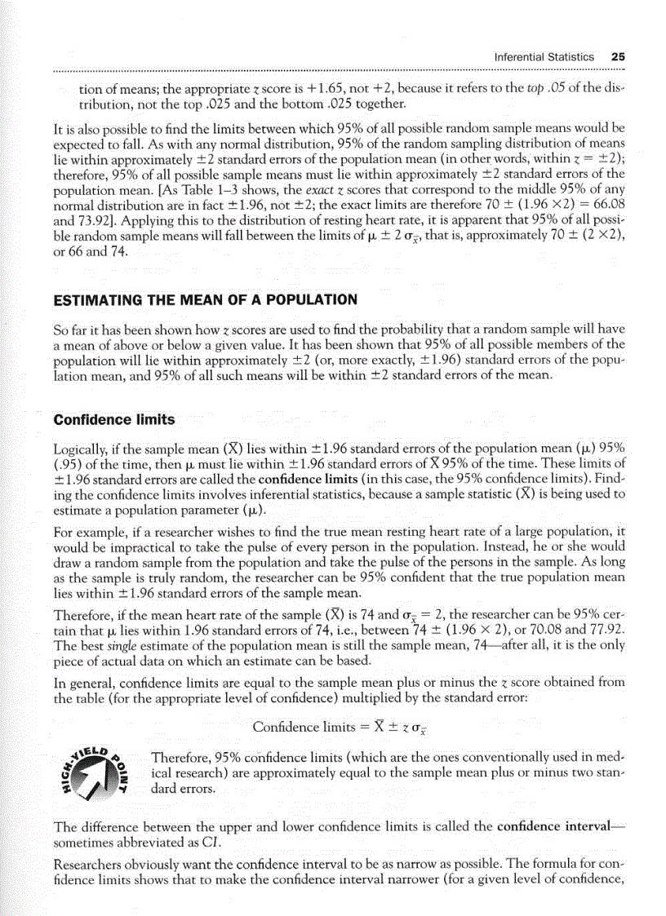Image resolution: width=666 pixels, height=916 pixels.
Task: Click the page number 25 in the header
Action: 617,57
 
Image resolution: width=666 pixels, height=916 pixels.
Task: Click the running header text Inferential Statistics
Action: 544,57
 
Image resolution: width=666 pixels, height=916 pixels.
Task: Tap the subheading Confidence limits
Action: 113,419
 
